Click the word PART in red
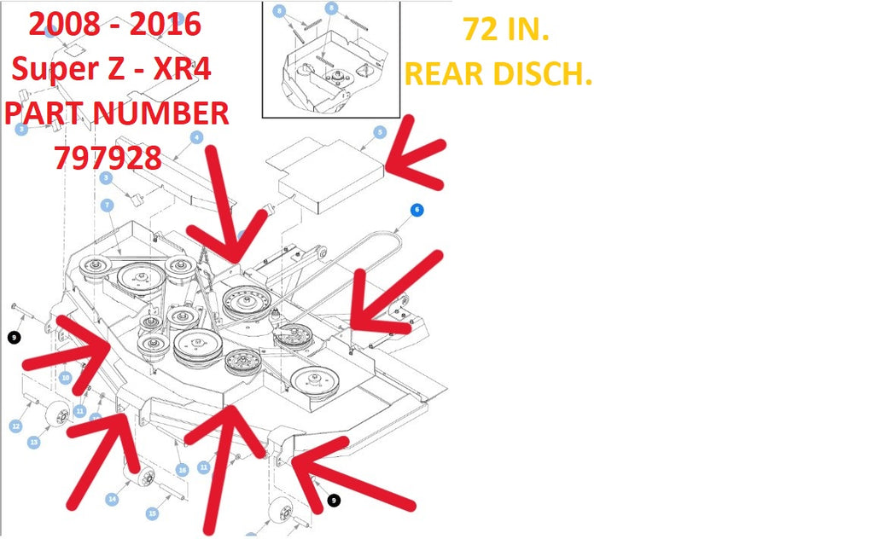46,113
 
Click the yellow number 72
480,30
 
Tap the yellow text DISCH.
546,74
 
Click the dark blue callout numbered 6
417,209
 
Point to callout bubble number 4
196,137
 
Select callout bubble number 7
107,205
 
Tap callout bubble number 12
15,426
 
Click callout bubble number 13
34,442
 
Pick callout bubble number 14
112,499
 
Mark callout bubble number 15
153,513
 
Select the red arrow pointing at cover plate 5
414,158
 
